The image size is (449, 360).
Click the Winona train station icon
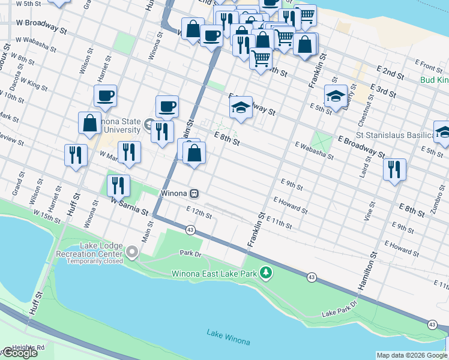(194, 194)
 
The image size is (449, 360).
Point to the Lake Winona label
(228, 337)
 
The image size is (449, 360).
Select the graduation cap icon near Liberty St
(336, 95)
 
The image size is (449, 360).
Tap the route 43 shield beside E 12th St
(190, 230)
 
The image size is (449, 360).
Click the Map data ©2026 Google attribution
(412, 355)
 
